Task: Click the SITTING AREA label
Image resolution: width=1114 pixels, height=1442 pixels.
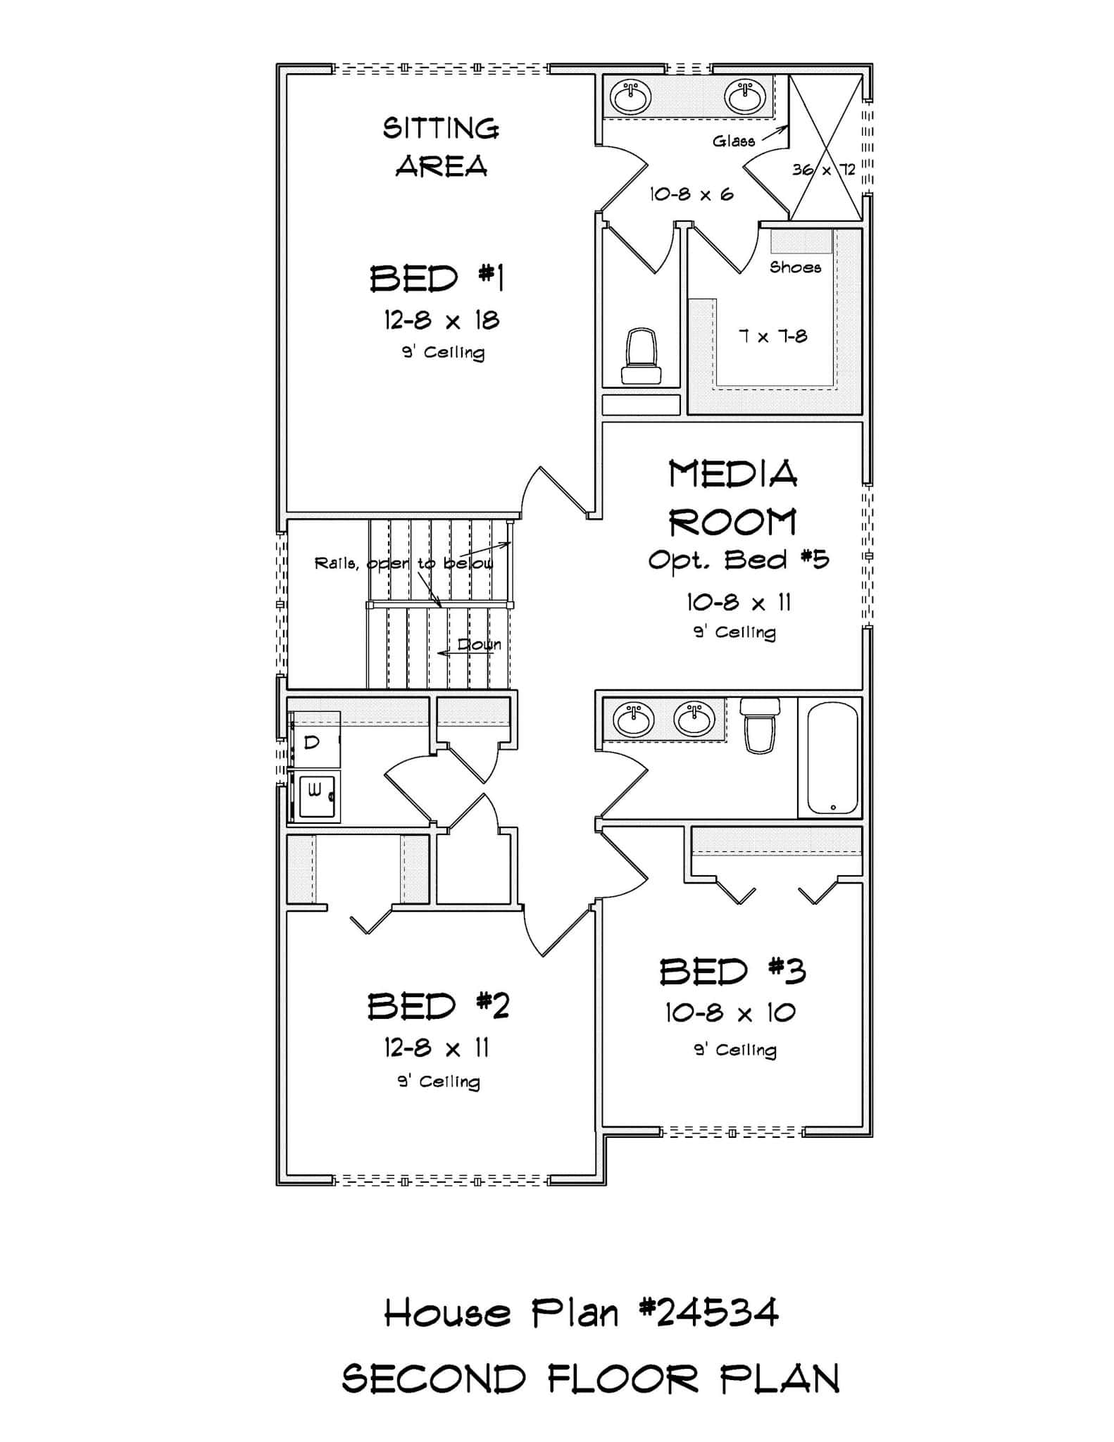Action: click(442, 147)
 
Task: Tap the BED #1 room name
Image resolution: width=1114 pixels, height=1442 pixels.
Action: click(437, 278)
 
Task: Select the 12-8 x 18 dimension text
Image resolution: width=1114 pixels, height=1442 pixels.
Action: click(442, 321)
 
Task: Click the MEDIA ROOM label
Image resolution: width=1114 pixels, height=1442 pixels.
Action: click(733, 498)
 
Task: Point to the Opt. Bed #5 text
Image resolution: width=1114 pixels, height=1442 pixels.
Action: click(738, 560)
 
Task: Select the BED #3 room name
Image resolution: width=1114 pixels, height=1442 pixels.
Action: click(732, 972)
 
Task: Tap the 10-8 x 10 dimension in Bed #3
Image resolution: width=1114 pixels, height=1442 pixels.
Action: click(730, 1013)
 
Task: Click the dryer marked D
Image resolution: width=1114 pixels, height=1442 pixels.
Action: click(314, 741)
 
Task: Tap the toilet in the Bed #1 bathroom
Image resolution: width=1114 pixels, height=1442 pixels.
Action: click(641, 356)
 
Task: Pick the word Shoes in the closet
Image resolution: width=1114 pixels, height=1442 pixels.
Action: click(795, 268)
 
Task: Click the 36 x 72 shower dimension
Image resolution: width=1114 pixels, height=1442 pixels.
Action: click(823, 170)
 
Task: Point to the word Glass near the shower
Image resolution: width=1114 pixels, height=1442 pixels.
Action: click(733, 142)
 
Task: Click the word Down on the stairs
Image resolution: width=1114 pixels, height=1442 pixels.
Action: click(480, 645)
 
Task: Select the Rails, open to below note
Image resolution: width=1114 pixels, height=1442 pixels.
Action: click(403, 563)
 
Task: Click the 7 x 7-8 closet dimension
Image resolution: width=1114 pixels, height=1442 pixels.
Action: click(772, 337)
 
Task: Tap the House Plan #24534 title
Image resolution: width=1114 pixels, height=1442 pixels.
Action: click(582, 1313)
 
